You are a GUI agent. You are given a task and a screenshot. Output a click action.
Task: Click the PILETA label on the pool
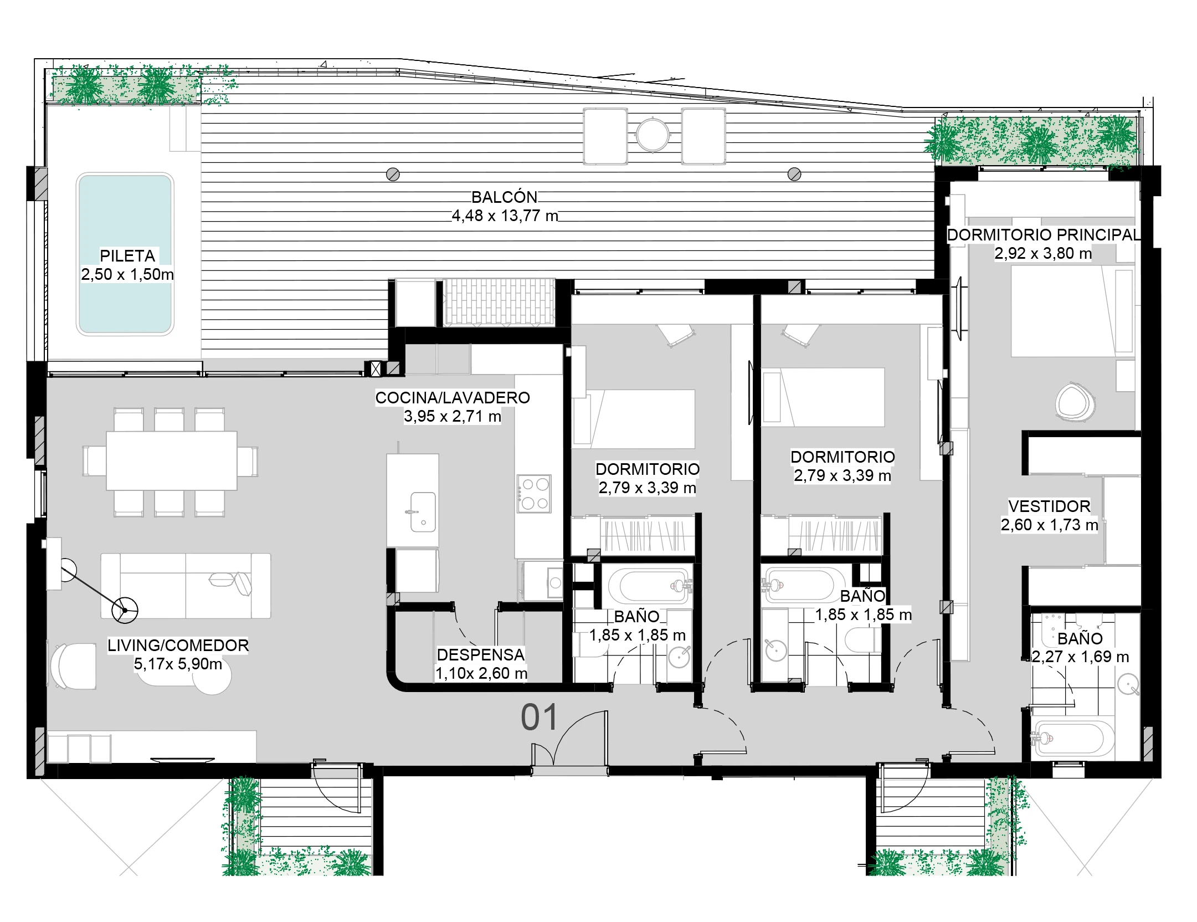(127, 256)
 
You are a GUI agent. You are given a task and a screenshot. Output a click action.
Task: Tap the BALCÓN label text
(505, 197)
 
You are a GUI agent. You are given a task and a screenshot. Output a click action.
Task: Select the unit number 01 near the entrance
(540, 718)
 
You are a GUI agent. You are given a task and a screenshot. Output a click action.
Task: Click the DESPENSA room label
(481, 655)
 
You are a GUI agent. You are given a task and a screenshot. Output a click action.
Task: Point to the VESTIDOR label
(1049, 506)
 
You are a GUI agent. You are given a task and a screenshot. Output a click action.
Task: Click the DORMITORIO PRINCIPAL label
(1044, 235)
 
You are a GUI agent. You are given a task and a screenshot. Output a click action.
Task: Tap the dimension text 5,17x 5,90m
(178, 664)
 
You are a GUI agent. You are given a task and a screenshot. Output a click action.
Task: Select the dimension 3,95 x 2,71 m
(453, 416)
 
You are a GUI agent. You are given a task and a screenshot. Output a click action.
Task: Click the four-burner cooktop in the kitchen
(534, 493)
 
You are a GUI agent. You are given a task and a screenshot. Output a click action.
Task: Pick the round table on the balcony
(654, 135)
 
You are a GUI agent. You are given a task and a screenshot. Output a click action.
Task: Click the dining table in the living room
(172, 461)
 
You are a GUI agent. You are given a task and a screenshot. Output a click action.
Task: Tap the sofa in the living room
(186, 586)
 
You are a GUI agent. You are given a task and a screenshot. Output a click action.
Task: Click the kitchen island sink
(422, 512)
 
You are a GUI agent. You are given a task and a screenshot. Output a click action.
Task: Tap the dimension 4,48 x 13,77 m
(505, 216)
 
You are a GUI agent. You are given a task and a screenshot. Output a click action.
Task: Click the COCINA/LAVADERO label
(453, 398)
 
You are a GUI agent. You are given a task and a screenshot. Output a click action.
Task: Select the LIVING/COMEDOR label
(178, 646)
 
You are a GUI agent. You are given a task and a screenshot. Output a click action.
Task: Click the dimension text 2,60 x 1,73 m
(1049, 525)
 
